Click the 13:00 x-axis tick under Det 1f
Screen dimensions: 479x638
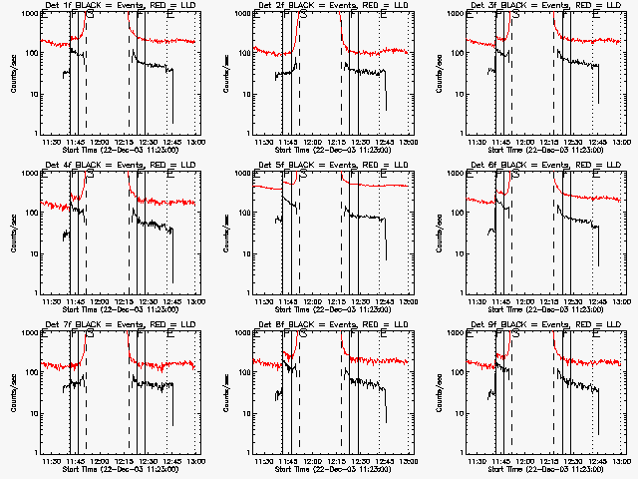[196, 141]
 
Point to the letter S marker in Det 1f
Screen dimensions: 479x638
[91, 16]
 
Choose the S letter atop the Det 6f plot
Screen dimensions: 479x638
[516, 176]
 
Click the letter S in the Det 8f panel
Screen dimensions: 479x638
[303, 335]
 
